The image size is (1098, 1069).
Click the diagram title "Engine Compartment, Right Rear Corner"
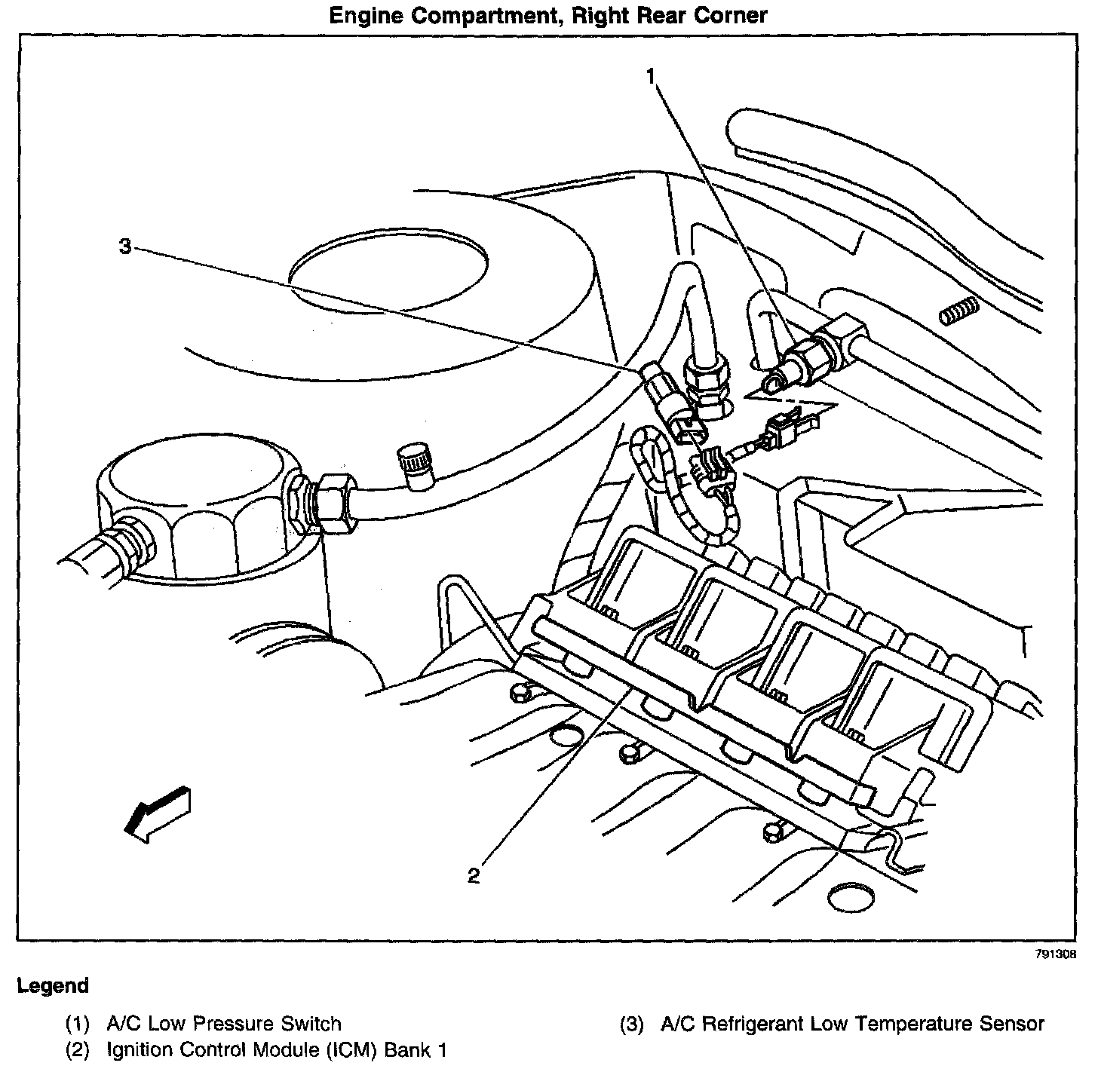tap(548, 15)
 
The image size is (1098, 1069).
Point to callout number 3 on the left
tap(125, 246)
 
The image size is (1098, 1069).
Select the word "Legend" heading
tap(53, 985)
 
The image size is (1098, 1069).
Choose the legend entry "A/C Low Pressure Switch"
tap(223, 1024)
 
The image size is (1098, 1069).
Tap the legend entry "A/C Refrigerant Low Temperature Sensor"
tap(851, 1024)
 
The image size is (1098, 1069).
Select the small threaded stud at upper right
tap(958, 311)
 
